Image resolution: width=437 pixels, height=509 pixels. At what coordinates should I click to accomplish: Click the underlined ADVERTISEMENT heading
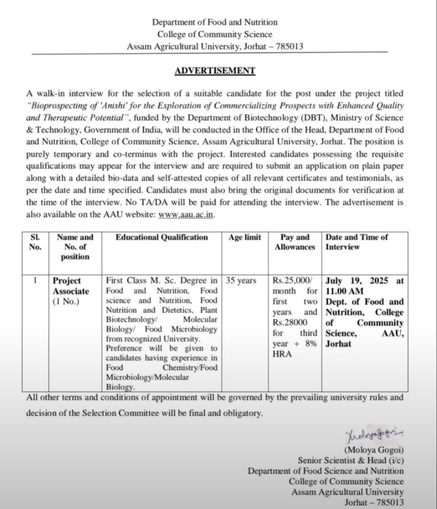[x=215, y=71]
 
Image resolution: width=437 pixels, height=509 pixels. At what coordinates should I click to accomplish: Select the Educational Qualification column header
[x=162, y=238]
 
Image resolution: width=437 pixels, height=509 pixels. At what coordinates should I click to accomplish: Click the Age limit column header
[x=244, y=238]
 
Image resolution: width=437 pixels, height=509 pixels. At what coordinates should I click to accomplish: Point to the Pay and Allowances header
[x=295, y=242]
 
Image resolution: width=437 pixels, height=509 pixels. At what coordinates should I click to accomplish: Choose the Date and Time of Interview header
[x=356, y=242]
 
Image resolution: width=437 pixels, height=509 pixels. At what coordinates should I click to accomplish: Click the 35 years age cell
[x=241, y=281]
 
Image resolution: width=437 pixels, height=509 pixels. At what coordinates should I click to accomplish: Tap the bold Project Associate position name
[x=71, y=286]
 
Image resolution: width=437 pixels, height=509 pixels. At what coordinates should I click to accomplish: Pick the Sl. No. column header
[x=35, y=242]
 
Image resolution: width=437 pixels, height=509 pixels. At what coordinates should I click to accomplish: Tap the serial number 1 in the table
[x=35, y=280]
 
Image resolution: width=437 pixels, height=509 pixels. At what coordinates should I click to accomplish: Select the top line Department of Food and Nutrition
[x=215, y=22]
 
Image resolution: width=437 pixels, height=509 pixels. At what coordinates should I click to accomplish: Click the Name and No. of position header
[x=75, y=247]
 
